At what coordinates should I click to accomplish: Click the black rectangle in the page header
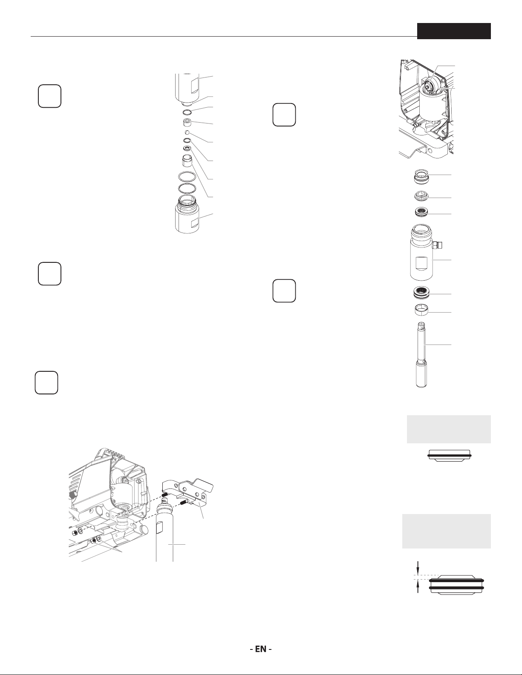454,31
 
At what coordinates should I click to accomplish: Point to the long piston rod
422,355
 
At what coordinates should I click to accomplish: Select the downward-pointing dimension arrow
418,567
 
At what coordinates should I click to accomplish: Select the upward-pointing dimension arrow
418,587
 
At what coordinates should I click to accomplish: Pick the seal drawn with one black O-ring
450,455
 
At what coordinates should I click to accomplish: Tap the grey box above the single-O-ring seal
449,429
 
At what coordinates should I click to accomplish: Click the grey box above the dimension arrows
447,531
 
